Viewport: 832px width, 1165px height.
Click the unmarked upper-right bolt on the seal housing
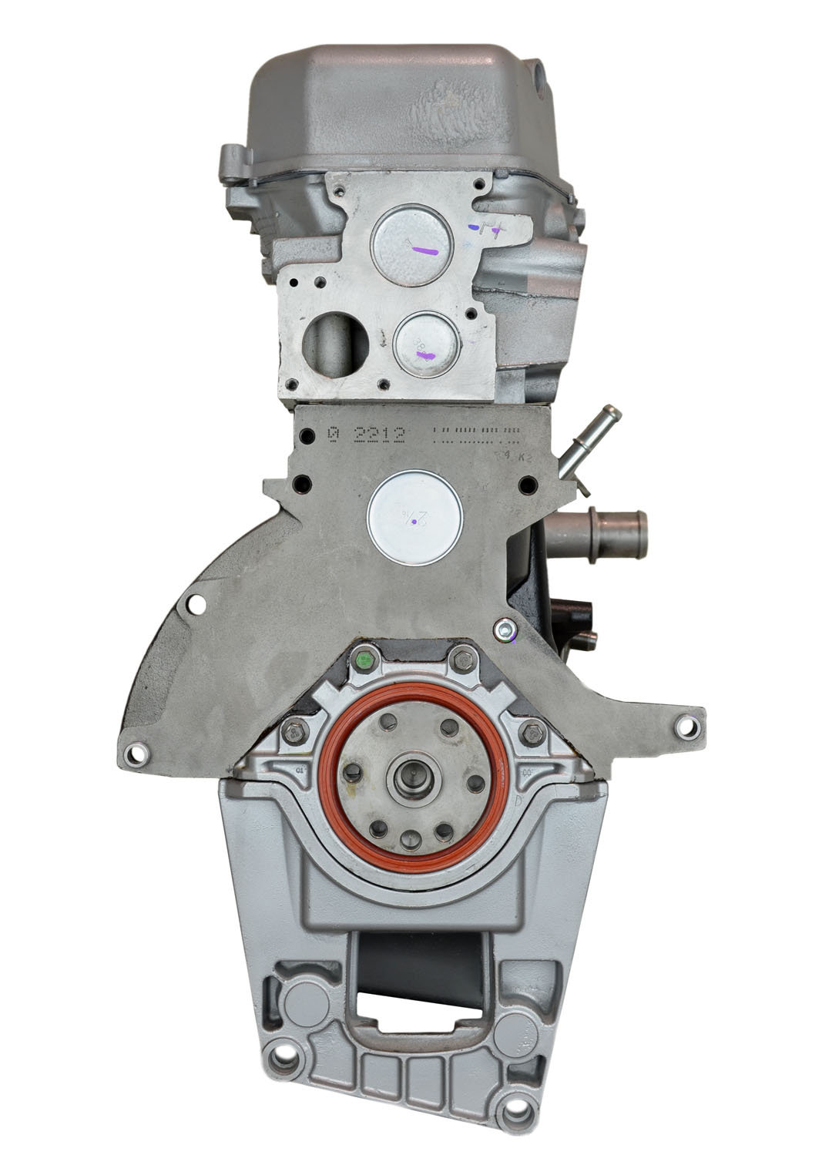(x=463, y=660)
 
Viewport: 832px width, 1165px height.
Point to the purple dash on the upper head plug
(x=424, y=251)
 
